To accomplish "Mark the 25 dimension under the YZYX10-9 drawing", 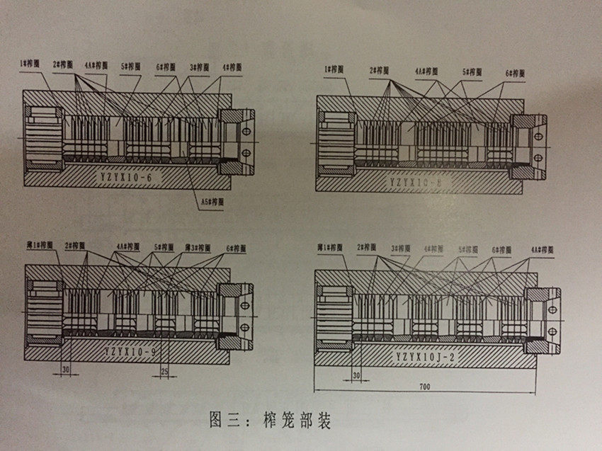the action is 164,370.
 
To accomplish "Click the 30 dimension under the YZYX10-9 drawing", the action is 67,369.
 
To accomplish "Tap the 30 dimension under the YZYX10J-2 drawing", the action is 356,374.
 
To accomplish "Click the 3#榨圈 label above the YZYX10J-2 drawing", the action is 399,249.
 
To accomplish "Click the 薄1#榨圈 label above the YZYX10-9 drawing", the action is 39,245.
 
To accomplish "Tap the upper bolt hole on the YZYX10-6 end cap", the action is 246,131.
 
